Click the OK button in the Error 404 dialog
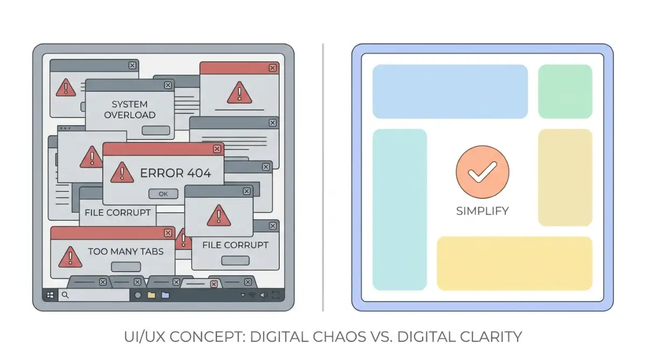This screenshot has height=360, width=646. click(163, 194)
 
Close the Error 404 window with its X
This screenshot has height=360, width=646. click(217, 149)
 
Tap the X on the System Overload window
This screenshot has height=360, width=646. click(168, 86)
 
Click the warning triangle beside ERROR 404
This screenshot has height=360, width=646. click(122, 172)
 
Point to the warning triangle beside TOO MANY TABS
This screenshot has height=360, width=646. click(70, 257)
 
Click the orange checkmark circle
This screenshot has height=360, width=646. click(482, 172)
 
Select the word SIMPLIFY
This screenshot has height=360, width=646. click(482, 211)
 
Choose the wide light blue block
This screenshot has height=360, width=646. click(450, 91)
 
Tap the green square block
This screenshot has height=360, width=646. click(565, 91)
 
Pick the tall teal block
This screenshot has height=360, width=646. click(399, 209)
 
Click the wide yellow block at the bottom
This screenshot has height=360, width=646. click(515, 264)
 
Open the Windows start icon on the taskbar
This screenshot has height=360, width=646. click(50, 295)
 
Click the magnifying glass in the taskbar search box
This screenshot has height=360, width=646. click(65, 295)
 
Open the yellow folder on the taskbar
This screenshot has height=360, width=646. click(151, 295)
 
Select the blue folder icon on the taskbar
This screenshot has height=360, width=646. click(165, 295)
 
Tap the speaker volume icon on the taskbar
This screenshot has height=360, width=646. click(264, 295)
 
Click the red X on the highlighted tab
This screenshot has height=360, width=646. click(214, 284)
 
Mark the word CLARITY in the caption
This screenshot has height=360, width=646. click(491, 337)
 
